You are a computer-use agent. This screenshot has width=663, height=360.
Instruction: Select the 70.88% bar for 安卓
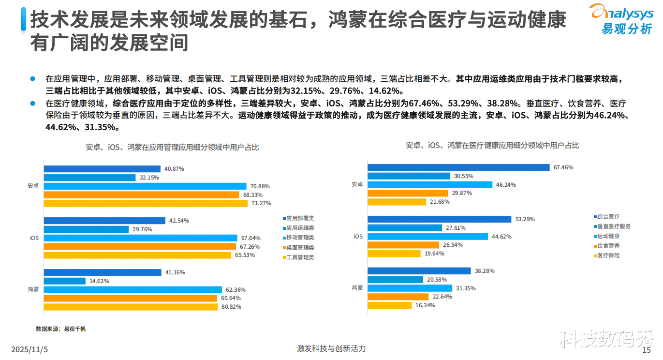click(x=145, y=186)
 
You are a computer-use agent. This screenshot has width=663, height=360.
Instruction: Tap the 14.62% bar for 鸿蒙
click(x=65, y=281)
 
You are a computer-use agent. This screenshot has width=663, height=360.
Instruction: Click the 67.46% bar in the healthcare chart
click(x=458, y=167)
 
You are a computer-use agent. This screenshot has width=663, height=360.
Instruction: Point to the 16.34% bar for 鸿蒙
click(x=390, y=305)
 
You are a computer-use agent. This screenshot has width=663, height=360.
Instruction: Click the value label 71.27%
click(x=261, y=203)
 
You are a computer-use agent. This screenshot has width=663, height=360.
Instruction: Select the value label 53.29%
click(x=525, y=219)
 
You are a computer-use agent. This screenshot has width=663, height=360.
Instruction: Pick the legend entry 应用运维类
click(x=300, y=228)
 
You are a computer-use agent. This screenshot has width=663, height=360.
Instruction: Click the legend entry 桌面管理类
click(x=300, y=248)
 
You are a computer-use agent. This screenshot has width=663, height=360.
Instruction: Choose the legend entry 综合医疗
click(x=608, y=217)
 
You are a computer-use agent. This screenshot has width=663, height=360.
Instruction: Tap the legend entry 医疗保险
click(x=608, y=255)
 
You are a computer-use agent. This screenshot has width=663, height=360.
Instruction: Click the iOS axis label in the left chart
click(x=33, y=238)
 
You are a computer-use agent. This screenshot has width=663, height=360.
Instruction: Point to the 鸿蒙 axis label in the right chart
click(x=357, y=288)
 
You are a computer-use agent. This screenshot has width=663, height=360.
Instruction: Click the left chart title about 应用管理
click(x=172, y=148)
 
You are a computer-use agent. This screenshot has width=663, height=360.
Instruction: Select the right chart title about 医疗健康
click(x=492, y=145)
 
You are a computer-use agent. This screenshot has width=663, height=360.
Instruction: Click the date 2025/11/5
click(x=30, y=349)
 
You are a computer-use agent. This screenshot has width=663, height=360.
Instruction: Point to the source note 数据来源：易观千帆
click(x=60, y=329)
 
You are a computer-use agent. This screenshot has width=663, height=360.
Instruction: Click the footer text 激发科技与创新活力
click(x=331, y=348)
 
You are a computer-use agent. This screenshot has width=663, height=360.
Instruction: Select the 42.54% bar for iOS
click(x=104, y=221)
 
